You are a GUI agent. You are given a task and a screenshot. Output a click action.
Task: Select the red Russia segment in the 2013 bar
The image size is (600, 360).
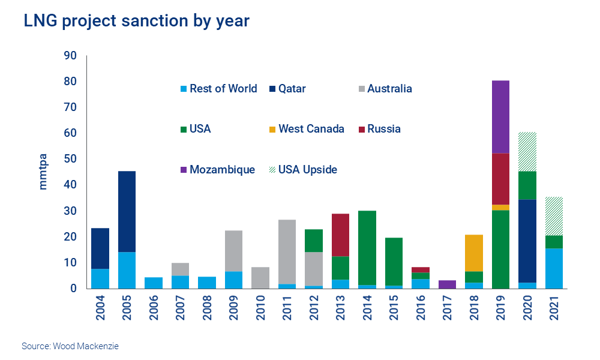tap(341, 235)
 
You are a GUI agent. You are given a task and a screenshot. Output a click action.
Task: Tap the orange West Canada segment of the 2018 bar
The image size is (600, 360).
tap(473, 253)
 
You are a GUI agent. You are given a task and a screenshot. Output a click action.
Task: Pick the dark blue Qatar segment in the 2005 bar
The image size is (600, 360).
tap(126, 211)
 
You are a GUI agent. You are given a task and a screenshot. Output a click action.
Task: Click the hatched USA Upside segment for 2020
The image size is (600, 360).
tap(528, 151)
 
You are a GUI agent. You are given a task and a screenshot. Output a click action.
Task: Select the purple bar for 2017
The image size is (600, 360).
tap(448, 284)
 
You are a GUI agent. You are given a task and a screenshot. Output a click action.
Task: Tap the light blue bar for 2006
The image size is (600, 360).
tap(154, 283)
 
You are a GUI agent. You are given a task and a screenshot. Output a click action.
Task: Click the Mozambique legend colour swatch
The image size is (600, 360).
tap(184, 170)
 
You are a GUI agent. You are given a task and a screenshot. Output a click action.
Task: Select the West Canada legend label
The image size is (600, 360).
tap(311, 129)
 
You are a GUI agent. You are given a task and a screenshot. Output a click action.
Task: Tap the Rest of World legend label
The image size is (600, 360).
tap(223, 89)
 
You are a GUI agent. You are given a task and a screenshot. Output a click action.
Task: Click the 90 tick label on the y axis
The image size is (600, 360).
tap(71, 56)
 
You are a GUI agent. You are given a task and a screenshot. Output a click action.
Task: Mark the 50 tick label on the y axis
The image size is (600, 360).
tap(71, 159)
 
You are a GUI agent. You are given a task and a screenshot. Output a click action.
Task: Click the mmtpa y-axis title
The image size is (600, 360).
tap(43, 173)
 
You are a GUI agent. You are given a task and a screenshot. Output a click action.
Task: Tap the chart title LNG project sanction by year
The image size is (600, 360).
tap(136, 21)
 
